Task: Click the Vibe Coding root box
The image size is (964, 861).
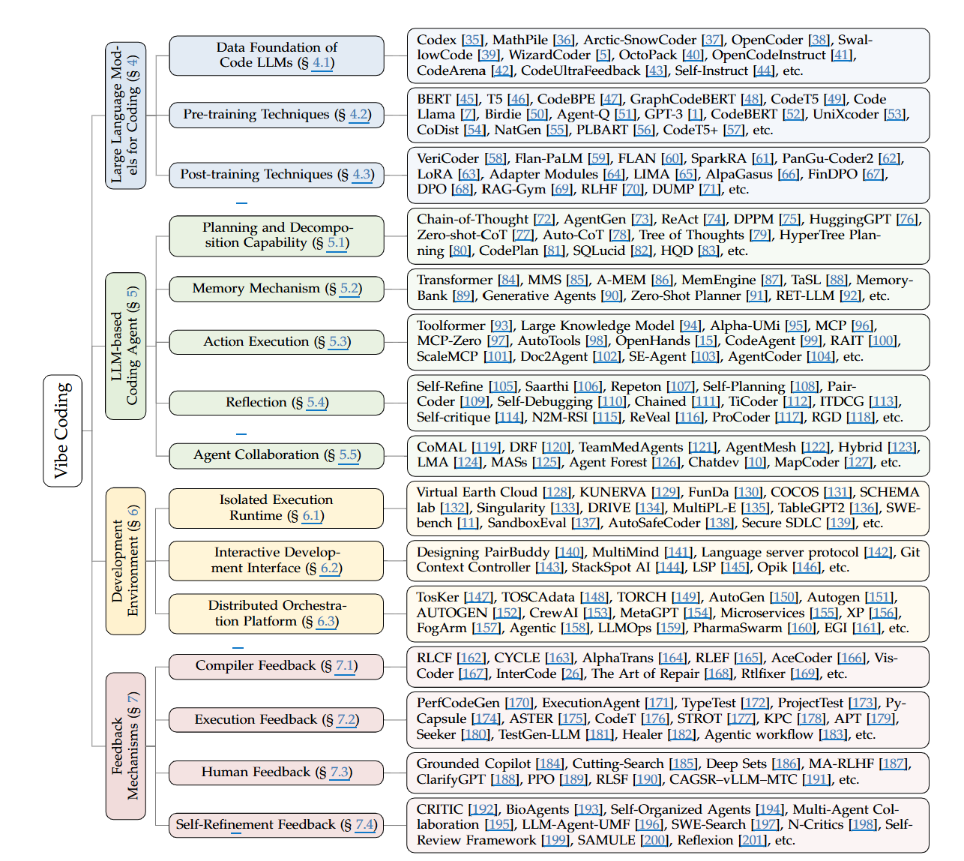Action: click(62, 430)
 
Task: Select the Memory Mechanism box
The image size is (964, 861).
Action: click(277, 289)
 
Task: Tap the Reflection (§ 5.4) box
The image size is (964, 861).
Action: click(277, 403)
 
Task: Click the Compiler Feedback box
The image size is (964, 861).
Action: click(277, 666)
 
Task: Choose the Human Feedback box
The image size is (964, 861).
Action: click(277, 772)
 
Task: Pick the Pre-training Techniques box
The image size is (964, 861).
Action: click(277, 115)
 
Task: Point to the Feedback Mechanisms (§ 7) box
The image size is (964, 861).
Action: click(125, 745)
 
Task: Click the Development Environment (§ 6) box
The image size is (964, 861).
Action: click(125, 561)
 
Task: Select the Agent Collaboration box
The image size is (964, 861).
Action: click(277, 455)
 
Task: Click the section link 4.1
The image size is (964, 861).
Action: click(322, 63)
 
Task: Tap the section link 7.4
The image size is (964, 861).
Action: click(365, 825)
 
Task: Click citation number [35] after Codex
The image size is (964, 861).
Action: click(473, 40)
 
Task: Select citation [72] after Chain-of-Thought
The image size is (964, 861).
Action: click(545, 219)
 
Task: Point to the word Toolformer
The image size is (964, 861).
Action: click(451, 325)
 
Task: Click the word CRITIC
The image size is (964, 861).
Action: click(440, 809)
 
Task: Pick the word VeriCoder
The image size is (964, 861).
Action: click(448, 158)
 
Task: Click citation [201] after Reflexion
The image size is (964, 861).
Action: click(753, 841)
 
